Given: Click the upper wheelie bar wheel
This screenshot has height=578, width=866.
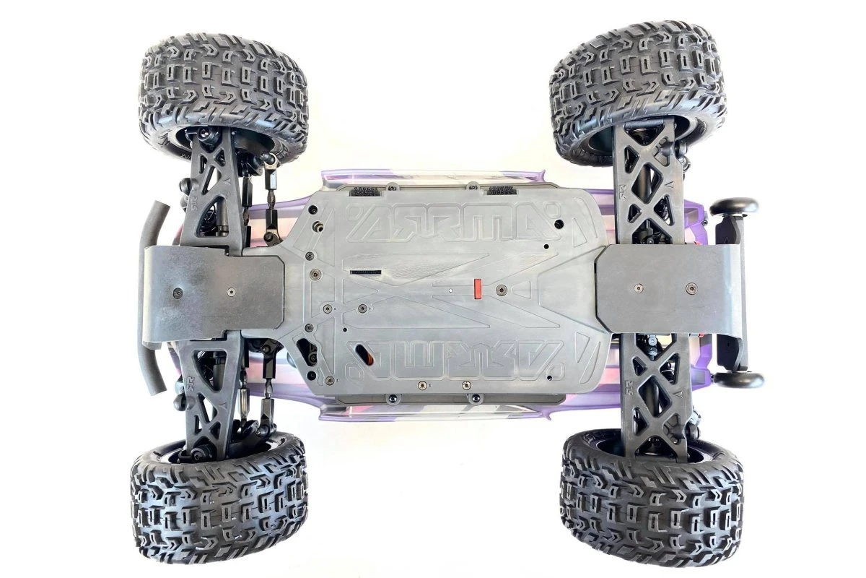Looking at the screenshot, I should pos(734,207).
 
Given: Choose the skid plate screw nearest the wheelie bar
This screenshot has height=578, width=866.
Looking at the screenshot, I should pos(691,287).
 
